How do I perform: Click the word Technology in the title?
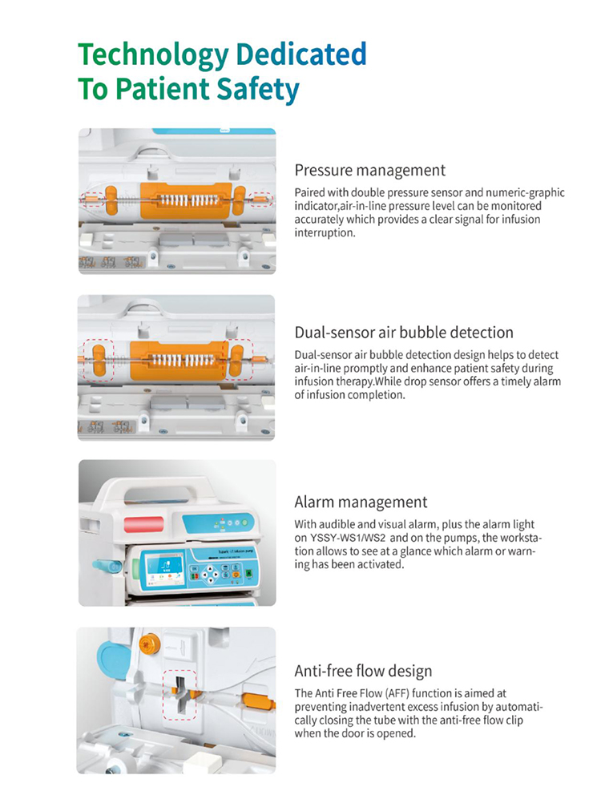[154, 55]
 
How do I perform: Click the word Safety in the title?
[258, 90]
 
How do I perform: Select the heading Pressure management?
[369, 171]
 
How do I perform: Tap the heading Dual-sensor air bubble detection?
[404, 333]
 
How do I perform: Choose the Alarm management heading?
[361, 502]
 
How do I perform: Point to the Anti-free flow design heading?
[363, 671]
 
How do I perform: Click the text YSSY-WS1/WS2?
[348, 538]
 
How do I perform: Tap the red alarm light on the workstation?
[144, 524]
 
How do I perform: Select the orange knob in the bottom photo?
[149, 643]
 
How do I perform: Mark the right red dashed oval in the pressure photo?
[261, 200]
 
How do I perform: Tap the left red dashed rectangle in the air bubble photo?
[99, 361]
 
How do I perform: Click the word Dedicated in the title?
[301, 54]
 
